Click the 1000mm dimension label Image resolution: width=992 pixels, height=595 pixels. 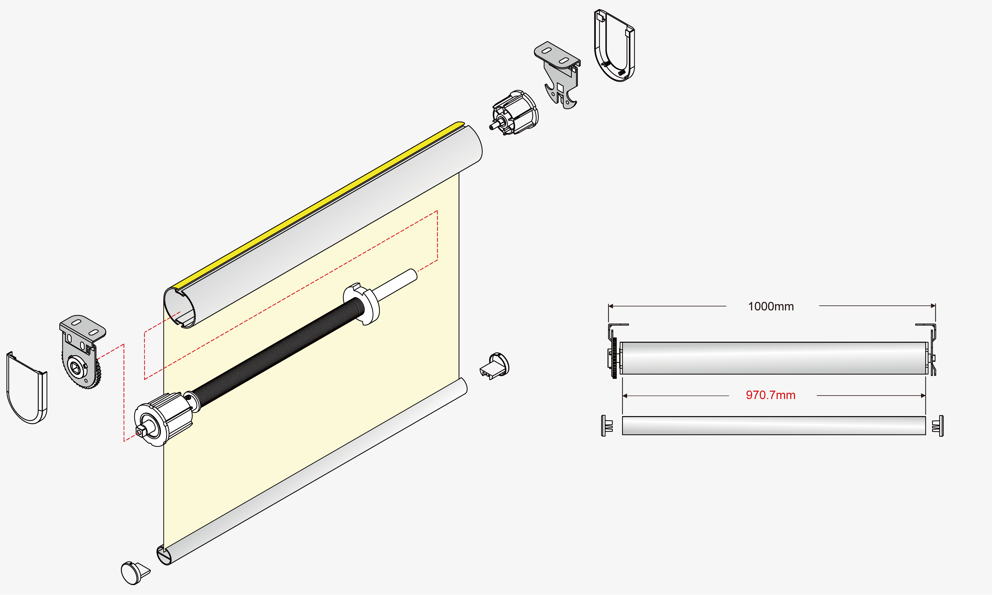tap(771, 306)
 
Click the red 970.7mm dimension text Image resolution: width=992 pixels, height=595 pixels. tap(770, 395)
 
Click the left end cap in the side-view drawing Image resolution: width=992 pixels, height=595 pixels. tap(607, 425)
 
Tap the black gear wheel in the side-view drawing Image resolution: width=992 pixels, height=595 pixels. tap(614, 358)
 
